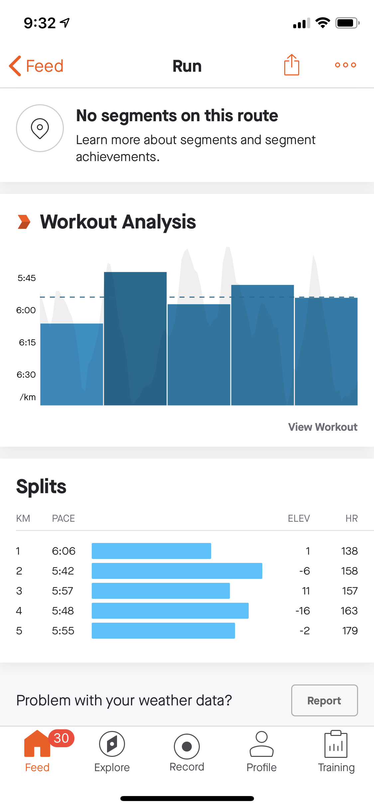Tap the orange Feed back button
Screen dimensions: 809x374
(36, 66)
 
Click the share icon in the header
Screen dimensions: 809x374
(292, 65)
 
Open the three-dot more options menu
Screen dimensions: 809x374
(345, 65)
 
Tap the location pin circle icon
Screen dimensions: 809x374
(40, 128)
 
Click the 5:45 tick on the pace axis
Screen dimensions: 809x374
(27, 278)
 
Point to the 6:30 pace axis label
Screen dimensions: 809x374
(26, 375)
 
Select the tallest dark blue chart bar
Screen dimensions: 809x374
(135, 339)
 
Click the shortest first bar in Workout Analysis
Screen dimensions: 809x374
(71, 364)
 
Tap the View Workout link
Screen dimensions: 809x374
(322, 427)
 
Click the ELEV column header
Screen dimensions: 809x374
(299, 518)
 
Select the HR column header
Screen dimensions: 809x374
(351, 518)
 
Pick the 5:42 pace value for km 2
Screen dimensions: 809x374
(63, 571)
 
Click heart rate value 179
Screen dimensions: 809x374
(350, 631)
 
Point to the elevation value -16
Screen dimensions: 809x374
(303, 611)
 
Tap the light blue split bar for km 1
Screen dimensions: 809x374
(151, 551)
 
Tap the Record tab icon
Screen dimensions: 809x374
(187, 747)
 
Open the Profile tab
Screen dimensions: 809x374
(262, 752)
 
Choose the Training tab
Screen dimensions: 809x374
(336, 752)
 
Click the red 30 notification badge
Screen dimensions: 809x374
(61, 738)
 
